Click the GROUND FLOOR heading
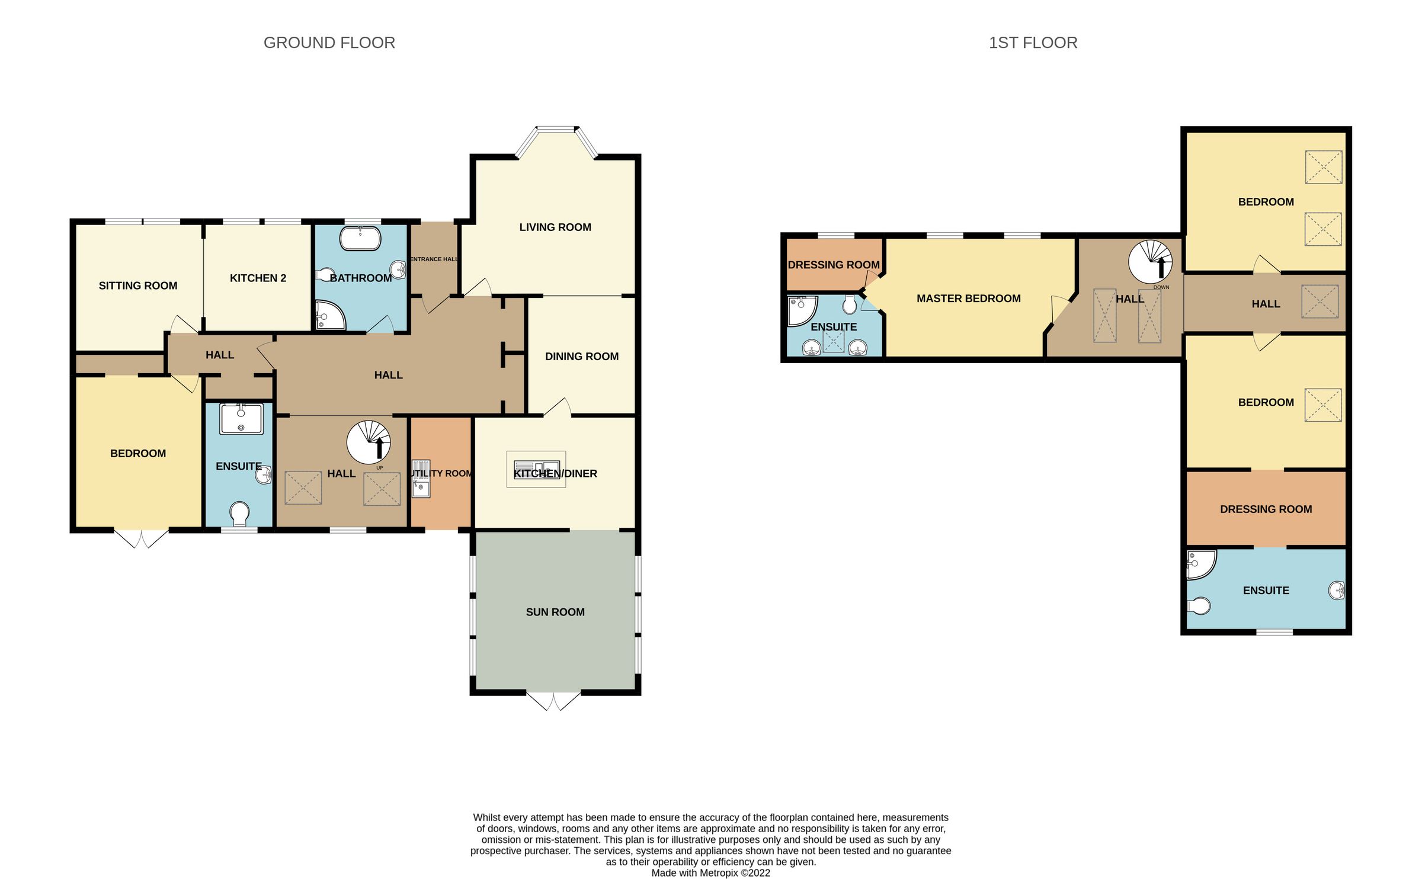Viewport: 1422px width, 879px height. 329,43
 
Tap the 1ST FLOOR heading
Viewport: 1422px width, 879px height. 1033,43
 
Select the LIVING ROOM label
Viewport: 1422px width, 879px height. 555,227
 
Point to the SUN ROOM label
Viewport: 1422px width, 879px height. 555,612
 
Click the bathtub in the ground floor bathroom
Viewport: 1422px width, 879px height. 360,239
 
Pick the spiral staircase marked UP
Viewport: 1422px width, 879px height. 369,442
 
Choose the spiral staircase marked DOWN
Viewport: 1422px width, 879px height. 1150,262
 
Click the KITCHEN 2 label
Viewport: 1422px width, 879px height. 258,278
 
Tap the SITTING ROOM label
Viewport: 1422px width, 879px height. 138,286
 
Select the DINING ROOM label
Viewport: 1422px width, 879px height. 582,357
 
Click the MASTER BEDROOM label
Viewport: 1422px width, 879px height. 969,299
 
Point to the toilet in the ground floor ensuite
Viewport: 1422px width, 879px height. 239,514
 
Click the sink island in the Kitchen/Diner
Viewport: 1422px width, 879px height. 536,470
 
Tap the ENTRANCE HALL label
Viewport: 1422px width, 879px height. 434,259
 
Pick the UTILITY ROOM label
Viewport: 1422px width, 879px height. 441,474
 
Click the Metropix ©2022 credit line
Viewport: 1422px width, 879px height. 711,873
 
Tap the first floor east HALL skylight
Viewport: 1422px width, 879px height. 1319,301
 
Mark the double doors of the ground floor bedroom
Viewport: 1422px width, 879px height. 141,538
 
